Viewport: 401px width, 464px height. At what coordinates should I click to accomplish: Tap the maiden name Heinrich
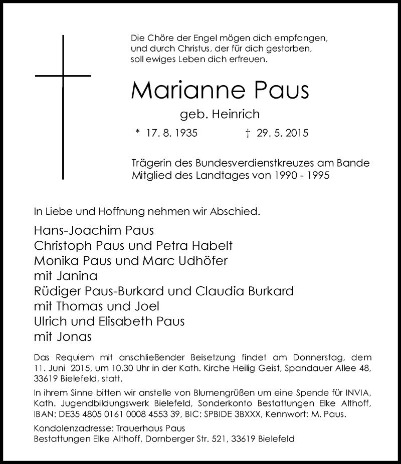236,115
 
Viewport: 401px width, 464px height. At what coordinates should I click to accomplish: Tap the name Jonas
74,336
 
